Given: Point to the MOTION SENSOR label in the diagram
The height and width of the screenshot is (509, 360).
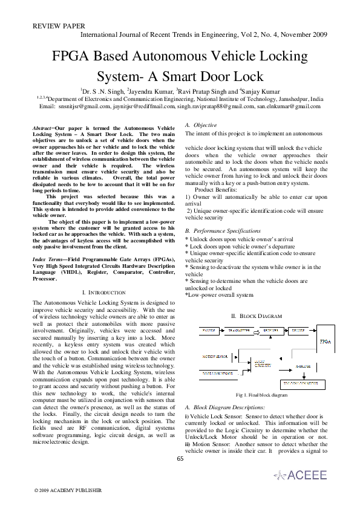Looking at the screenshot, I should tap(213, 357).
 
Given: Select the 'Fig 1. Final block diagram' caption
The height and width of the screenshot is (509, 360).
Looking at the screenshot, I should tap(261, 395).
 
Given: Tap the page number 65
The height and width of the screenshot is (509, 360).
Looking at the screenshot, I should tap(180, 458).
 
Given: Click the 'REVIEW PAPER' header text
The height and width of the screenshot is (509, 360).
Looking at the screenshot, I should tap(58, 27).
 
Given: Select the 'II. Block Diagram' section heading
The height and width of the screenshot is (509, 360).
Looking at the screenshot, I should tap(257, 316).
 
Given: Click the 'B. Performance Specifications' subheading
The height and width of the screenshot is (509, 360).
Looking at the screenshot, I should tap(225, 231).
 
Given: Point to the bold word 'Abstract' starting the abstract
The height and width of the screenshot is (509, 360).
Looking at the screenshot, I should tap(42, 129).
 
